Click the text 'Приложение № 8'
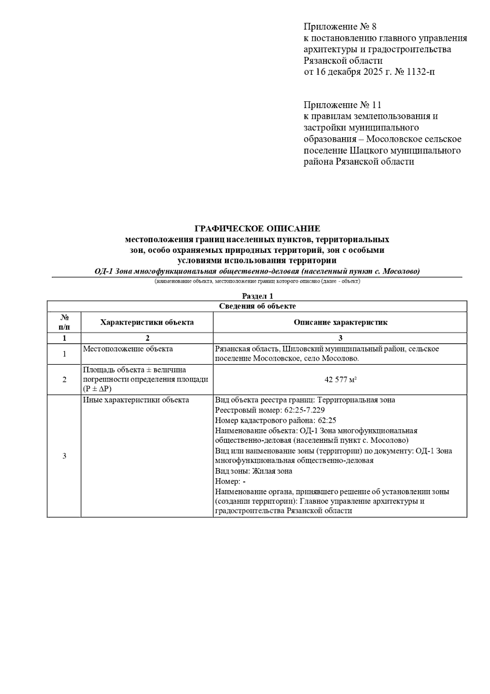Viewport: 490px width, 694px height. click(339, 27)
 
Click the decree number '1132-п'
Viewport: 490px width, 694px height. click(415, 72)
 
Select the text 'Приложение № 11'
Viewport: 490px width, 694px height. click(342, 105)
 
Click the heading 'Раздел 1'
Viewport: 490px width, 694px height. click(257, 296)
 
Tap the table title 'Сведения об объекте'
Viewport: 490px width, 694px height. click(257, 306)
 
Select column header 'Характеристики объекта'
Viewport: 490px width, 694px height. click(147, 322)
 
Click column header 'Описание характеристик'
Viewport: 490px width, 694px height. click(340, 322)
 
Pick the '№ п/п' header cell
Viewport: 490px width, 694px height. click(64, 322)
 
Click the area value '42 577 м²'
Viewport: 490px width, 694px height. click(341, 380)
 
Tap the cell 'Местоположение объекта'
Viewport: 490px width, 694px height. click(128, 349)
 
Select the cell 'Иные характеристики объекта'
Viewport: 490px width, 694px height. click(136, 400)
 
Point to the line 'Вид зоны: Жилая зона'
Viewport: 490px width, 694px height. click(254, 471)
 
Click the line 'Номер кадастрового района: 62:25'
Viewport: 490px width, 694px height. click(276, 420)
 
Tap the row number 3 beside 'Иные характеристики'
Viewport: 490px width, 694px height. click(64, 456)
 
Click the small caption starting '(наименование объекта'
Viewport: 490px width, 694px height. click(257, 281)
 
